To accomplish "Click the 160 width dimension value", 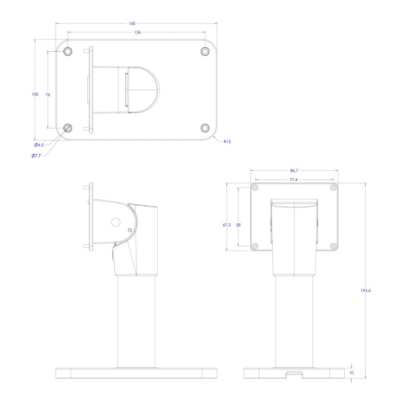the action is [132, 23].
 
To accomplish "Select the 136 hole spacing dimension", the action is [138, 32].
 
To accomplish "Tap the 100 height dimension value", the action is [35, 94].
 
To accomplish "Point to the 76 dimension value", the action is [47, 95].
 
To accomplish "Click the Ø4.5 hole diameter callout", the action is [39, 145].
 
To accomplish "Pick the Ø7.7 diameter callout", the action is [36, 156].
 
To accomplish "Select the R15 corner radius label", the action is [227, 142].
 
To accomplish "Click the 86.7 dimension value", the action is [294, 171].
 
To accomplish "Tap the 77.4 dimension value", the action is [293, 180].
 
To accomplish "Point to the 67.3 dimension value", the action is [227, 225].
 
